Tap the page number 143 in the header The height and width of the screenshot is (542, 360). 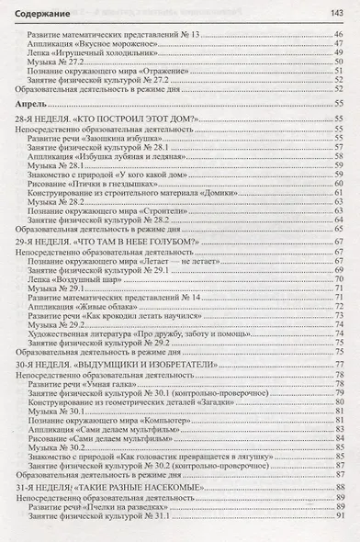[336, 10]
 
